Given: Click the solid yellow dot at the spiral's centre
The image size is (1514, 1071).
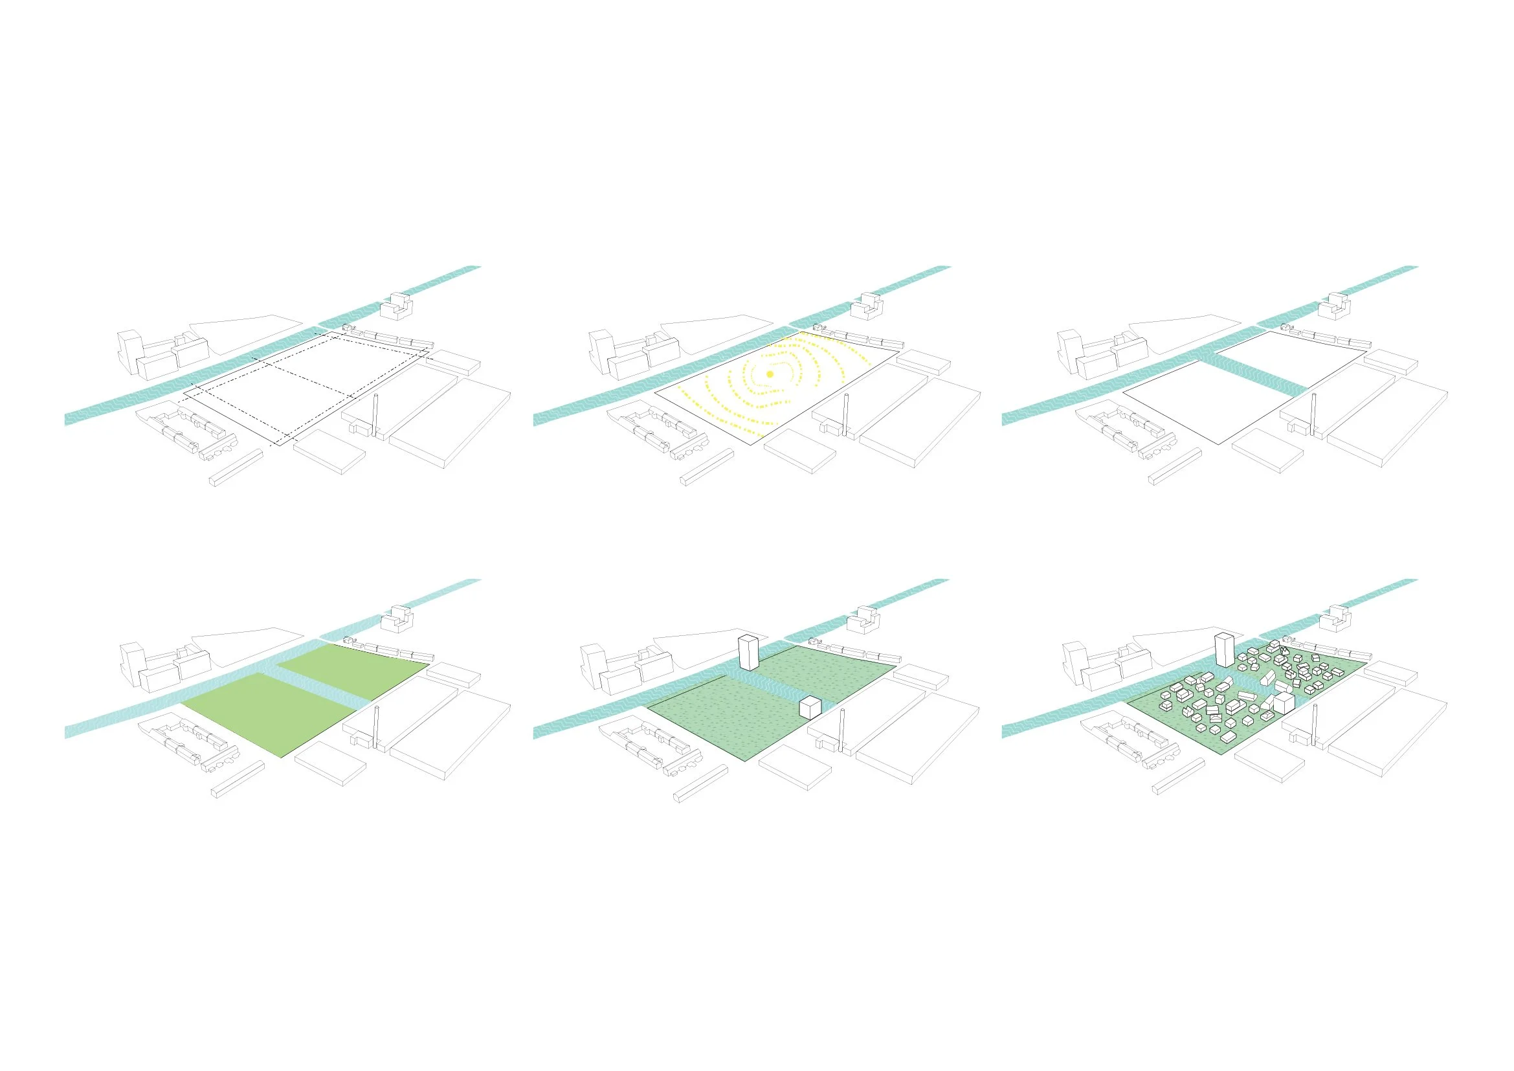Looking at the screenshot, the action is [x=770, y=374].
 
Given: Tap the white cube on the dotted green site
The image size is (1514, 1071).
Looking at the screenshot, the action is [x=809, y=708].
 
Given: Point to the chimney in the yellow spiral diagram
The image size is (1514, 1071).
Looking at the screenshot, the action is [x=845, y=416].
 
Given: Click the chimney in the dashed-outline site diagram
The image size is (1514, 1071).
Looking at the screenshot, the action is [x=377, y=416].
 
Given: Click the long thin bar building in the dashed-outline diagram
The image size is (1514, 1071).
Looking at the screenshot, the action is [x=236, y=467].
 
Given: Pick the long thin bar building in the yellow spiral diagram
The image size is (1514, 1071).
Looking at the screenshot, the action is [x=706, y=467].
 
